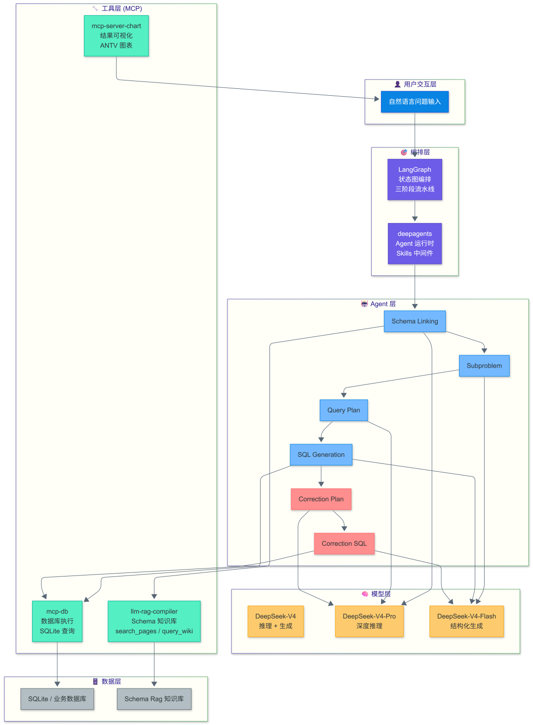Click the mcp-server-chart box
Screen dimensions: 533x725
tap(116, 36)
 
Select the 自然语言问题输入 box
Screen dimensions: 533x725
tap(415, 102)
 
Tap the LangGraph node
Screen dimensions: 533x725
tap(415, 179)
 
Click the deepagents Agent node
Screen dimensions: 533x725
tap(415, 243)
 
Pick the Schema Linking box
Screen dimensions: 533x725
tap(415, 321)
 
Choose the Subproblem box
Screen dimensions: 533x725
tap(484, 366)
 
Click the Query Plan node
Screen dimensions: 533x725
tap(343, 410)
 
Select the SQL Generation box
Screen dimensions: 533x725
tap(321, 455)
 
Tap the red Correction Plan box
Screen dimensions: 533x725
tap(321, 499)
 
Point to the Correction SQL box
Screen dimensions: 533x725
tap(344, 543)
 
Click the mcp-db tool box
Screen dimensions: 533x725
tap(57, 621)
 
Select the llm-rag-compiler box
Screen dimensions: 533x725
tap(154, 621)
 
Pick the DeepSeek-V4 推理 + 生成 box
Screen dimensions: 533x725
tap(275, 621)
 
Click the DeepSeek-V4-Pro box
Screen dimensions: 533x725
tap(369, 621)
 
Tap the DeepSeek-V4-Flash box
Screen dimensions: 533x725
tap(466, 621)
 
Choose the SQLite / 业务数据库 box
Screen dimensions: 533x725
tap(57, 699)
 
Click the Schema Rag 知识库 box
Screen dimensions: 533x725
tap(154, 699)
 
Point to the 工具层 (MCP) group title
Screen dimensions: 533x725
tap(117, 8)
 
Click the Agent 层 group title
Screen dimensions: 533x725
tap(379, 304)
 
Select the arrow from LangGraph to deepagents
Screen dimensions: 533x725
tap(415, 211)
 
